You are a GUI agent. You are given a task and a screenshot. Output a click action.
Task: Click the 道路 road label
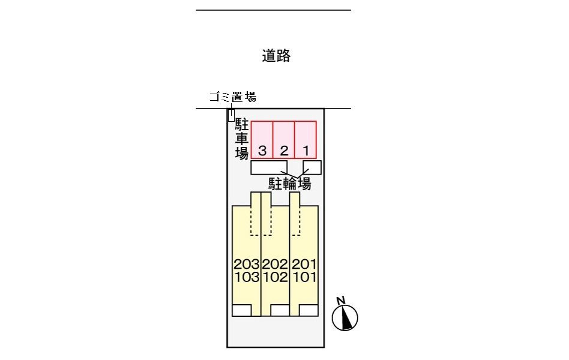click(x=276, y=56)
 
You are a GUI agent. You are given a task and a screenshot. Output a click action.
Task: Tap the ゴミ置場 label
click(x=233, y=97)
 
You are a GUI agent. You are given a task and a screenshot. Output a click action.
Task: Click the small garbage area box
click(x=231, y=115)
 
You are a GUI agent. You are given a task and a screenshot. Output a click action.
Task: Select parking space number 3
click(x=262, y=140)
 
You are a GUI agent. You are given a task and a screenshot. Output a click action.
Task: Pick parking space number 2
click(x=284, y=140)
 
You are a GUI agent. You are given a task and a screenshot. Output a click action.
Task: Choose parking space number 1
click(x=305, y=140)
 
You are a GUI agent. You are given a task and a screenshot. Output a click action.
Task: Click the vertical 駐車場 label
click(x=242, y=139)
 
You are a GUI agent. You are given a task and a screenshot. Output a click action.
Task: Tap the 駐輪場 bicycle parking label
click(x=289, y=184)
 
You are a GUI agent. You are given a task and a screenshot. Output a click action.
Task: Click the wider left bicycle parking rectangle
click(x=269, y=167)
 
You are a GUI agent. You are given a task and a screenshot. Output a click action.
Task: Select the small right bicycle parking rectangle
click(x=312, y=167)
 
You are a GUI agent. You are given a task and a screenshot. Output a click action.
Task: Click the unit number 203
click(x=247, y=264)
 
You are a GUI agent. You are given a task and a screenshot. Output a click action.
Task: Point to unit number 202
click(x=275, y=264)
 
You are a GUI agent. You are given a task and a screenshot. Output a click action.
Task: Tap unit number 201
click(x=304, y=264)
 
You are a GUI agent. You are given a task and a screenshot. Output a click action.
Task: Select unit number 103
click(x=247, y=277)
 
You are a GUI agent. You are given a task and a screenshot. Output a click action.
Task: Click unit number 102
click(x=275, y=277)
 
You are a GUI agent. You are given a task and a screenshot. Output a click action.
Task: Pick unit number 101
click(x=304, y=277)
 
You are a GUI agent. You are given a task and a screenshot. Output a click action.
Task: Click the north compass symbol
click(x=345, y=318)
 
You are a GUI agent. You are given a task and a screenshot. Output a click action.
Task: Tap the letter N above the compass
click(x=340, y=301)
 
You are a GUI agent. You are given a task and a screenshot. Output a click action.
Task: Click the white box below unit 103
click(x=242, y=311)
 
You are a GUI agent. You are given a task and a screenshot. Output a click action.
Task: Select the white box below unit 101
click(x=309, y=311)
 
